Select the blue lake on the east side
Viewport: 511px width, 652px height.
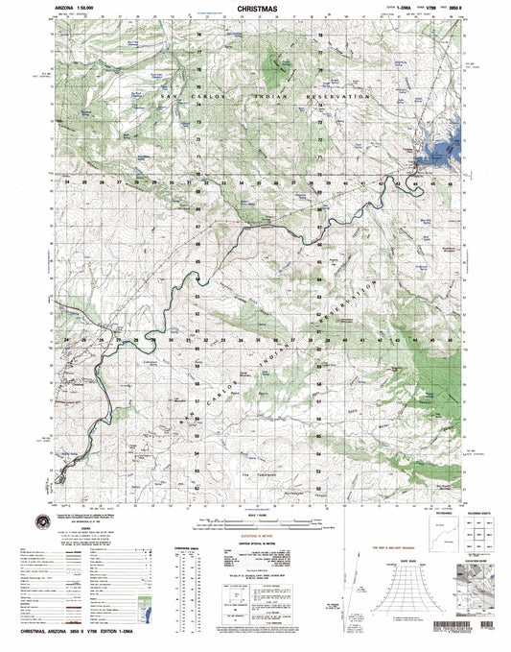(x=444, y=147)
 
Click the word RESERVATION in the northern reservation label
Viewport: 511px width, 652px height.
(x=336, y=98)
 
